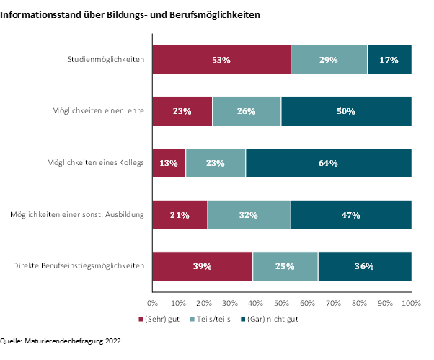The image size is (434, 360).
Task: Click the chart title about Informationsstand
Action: click(130, 14)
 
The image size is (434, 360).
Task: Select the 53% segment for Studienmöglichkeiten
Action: click(221, 59)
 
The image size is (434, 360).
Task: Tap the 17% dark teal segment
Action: click(389, 59)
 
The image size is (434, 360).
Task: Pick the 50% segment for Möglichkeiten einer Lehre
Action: click(346, 111)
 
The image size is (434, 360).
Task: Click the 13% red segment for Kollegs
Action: click(169, 162)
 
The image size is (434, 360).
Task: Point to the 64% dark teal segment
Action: click(328, 162)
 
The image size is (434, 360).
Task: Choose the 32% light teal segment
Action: click(249, 214)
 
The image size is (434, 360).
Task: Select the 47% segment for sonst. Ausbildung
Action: click(350, 214)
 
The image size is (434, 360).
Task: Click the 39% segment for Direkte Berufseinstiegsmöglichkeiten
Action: click(202, 266)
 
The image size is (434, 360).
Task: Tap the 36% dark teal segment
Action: click(364, 266)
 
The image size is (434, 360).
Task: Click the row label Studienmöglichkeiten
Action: click(105, 59)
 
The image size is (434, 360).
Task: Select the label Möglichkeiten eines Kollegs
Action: click(92, 162)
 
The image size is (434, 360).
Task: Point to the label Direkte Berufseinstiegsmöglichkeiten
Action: click(79, 266)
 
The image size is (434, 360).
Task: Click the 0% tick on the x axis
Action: click(152, 304)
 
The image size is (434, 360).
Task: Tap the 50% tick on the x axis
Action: click(282, 304)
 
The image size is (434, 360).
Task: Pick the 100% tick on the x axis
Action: click(411, 304)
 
